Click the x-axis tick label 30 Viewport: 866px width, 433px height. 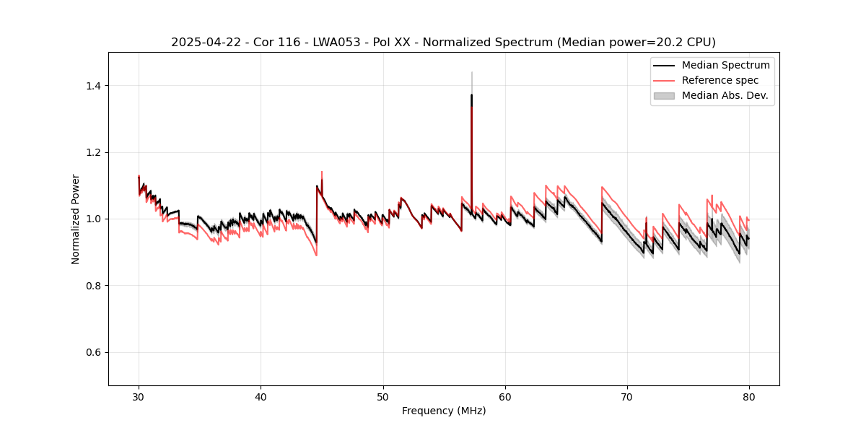click(139, 396)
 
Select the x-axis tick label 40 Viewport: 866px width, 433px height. click(261, 396)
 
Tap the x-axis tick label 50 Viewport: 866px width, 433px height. click(383, 396)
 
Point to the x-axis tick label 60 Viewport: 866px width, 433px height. click(505, 396)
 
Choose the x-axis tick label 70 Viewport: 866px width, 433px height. click(627, 396)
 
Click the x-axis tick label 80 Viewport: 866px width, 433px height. click(749, 396)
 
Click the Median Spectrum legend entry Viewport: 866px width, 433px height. click(725, 65)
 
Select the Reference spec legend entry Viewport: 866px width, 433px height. click(720, 80)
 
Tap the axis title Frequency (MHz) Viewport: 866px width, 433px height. click(444, 411)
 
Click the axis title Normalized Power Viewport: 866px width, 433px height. click(76, 219)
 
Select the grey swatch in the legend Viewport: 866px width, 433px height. click(664, 95)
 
